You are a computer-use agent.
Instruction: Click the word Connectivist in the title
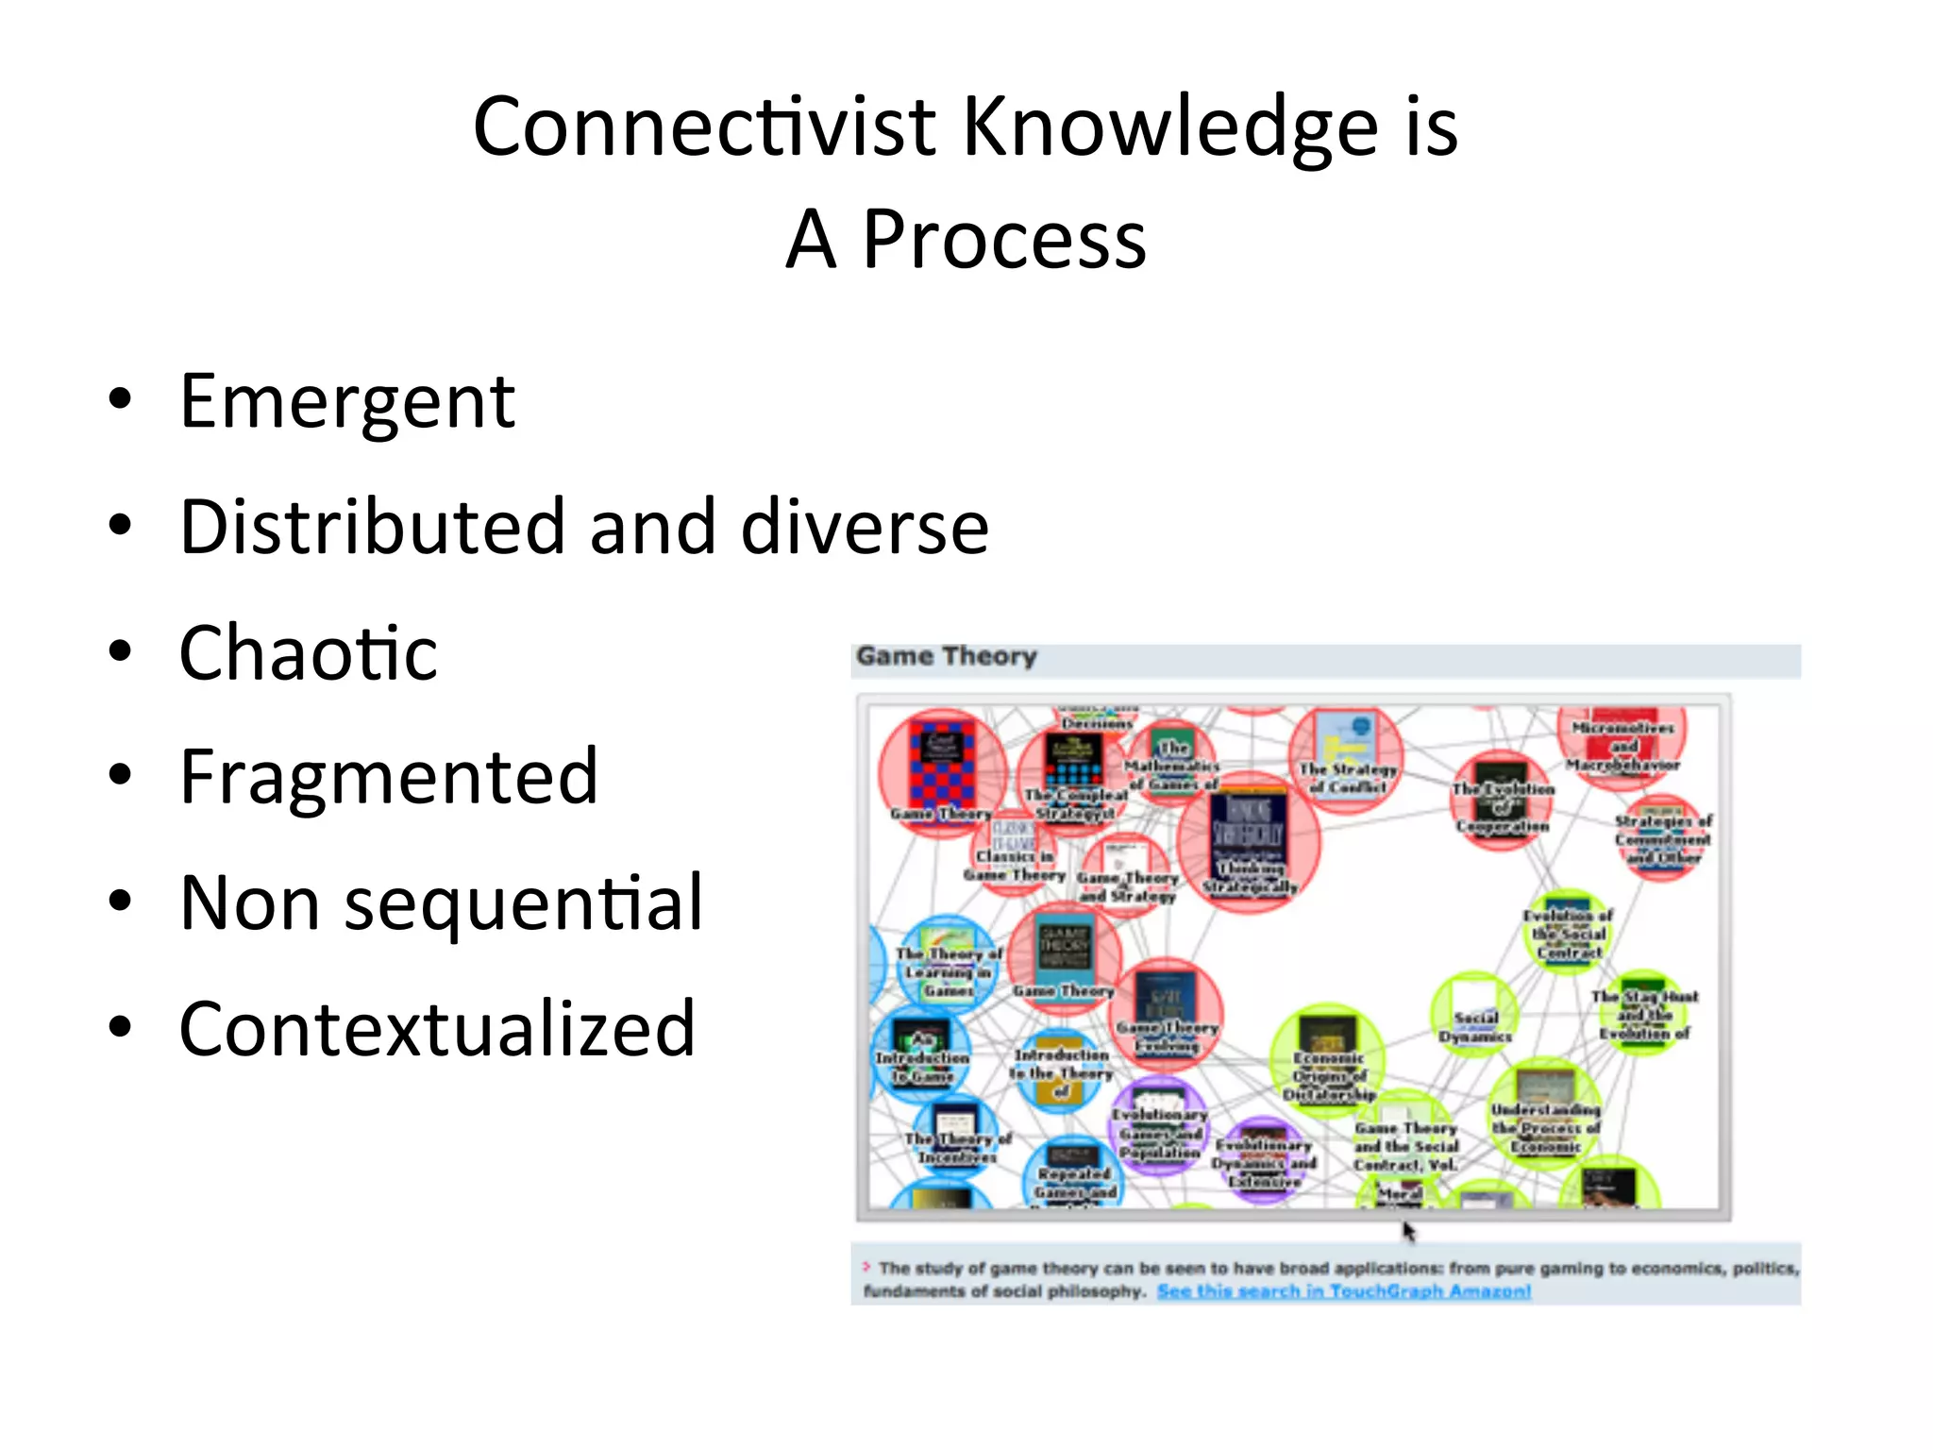pyautogui.click(x=703, y=127)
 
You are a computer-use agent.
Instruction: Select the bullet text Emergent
pyautogui.click(x=347, y=402)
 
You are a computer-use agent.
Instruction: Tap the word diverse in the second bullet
pyautogui.click(x=865, y=527)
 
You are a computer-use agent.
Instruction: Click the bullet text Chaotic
pyautogui.click(x=309, y=653)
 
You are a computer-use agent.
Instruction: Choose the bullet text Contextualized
pyautogui.click(x=437, y=1029)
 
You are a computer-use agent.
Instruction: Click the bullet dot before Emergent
pyautogui.click(x=120, y=400)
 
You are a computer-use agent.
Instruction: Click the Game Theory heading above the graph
pyautogui.click(x=946, y=657)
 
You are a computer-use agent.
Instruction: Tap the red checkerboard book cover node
pyautogui.click(x=942, y=767)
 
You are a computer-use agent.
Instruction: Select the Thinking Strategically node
pyautogui.click(x=1248, y=840)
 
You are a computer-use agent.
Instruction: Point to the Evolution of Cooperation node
pyautogui.click(x=1501, y=798)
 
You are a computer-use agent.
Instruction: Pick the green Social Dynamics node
pyautogui.click(x=1474, y=1015)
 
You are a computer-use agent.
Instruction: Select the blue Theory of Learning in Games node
pyautogui.click(x=947, y=963)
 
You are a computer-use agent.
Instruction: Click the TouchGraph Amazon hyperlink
pyautogui.click(x=1343, y=1290)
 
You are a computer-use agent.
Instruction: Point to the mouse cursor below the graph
pyautogui.click(x=1407, y=1229)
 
